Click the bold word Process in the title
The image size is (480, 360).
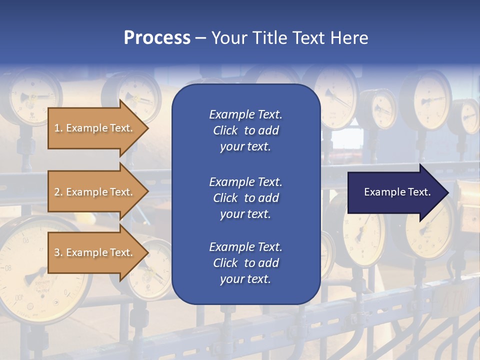pos(157,38)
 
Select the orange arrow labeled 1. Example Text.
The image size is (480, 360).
pos(95,128)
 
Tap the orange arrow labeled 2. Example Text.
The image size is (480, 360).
pos(95,192)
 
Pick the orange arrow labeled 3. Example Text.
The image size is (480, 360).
pos(95,252)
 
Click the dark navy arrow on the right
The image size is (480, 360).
pos(395,192)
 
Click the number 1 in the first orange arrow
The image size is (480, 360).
pos(57,128)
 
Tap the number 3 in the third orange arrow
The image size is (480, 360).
pos(57,253)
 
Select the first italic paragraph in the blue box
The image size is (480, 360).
pos(245,130)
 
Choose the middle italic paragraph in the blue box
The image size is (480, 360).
pos(245,198)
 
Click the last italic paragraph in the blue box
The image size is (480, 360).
pos(245,263)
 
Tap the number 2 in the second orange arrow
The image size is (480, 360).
pos(57,192)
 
